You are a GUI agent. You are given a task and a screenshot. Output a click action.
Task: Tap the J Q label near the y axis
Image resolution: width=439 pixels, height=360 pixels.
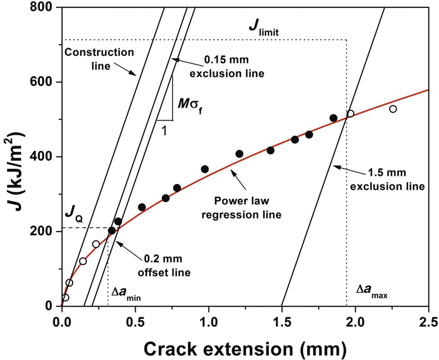74,215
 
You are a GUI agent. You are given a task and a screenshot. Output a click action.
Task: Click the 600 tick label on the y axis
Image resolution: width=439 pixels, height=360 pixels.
43,82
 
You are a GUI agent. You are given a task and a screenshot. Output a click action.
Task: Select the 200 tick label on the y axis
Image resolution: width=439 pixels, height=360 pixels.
43,231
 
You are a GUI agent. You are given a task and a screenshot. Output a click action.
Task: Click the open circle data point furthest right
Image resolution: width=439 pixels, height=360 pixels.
393,109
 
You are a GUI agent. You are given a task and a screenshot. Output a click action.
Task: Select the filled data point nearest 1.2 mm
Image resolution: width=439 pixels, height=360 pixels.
239,154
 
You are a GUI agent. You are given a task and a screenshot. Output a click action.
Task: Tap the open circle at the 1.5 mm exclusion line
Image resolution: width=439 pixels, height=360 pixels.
350,114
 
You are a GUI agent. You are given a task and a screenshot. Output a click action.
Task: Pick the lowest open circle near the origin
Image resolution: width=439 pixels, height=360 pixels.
65,297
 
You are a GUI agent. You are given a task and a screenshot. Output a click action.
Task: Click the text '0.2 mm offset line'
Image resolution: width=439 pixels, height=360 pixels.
164,265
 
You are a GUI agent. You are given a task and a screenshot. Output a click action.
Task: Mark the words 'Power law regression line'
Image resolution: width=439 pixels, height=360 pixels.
241,208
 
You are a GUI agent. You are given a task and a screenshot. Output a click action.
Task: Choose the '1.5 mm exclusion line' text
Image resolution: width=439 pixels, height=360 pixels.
387,179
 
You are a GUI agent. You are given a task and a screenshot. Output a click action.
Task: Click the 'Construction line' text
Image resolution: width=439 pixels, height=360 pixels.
99,59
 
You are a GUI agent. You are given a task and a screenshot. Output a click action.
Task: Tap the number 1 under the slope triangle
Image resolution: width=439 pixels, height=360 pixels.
164,131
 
